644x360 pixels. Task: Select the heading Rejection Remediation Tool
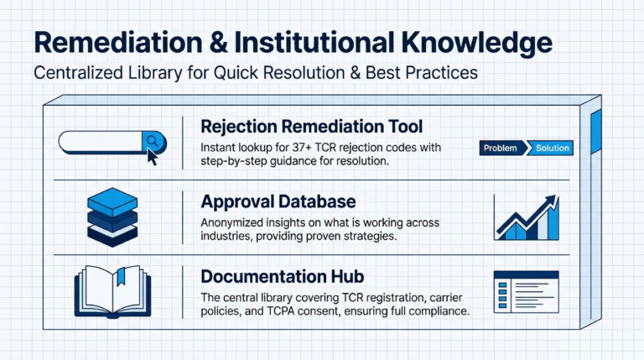point(311,127)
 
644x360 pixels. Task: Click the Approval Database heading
point(278,202)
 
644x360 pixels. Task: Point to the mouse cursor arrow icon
point(153,156)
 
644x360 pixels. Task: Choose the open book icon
point(112,291)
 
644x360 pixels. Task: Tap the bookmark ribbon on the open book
point(121,276)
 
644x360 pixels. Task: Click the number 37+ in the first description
point(307,147)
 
